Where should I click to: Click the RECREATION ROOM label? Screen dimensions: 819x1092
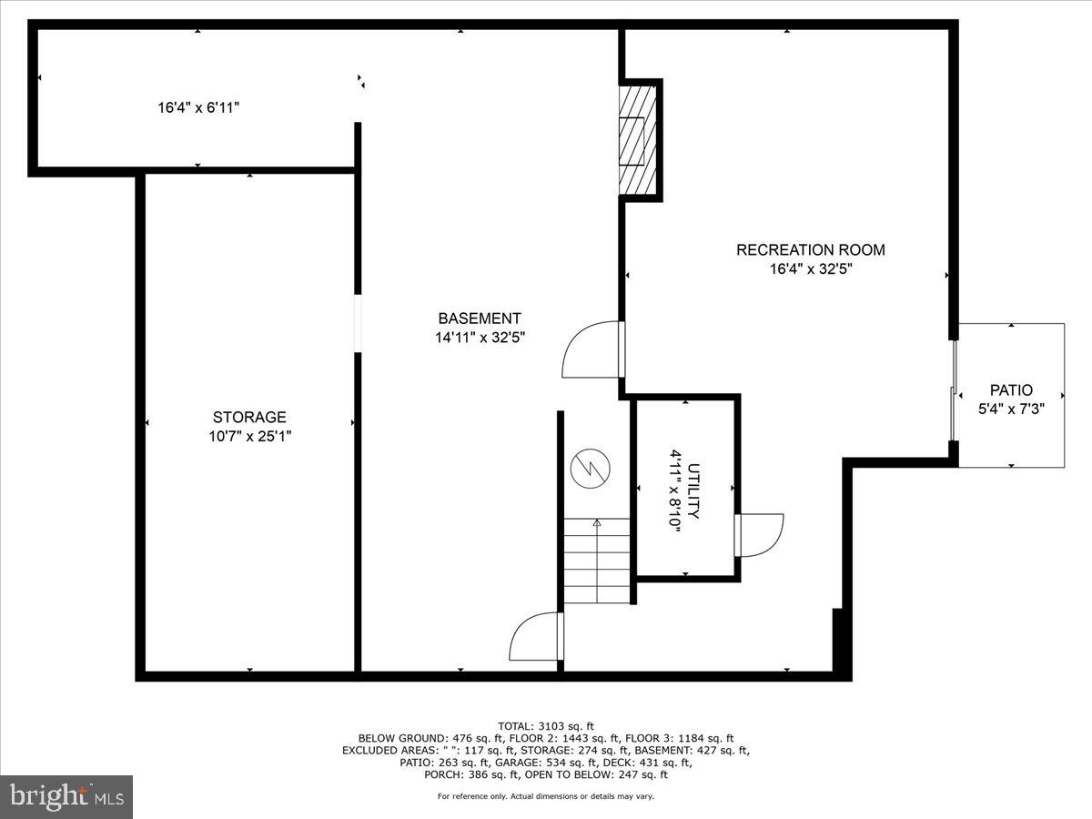[x=810, y=249]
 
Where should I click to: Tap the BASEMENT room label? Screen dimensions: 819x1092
[x=480, y=318]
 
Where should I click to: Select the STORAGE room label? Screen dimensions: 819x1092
[x=249, y=417]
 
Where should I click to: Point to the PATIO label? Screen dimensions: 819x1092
[x=1011, y=389]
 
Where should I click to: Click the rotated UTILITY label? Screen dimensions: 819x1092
[x=693, y=491]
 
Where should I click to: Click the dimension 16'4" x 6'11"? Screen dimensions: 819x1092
[x=198, y=107]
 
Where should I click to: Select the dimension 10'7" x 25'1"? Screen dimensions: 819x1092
[x=249, y=436]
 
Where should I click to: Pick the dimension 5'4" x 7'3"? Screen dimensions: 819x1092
[x=1011, y=409]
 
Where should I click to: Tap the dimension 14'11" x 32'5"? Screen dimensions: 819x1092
[x=480, y=338]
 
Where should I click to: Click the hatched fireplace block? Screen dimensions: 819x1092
[x=637, y=138]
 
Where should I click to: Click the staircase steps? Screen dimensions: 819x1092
[x=597, y=561]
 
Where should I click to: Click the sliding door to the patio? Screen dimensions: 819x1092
[x=955, y=391]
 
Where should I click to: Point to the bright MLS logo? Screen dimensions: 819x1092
[x=66, y=796]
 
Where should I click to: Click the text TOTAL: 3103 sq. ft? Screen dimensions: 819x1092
[x=546, y=725]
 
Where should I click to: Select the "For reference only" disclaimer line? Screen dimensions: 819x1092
[x=546, y=796]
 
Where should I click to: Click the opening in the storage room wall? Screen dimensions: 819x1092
[x=359, y=323]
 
